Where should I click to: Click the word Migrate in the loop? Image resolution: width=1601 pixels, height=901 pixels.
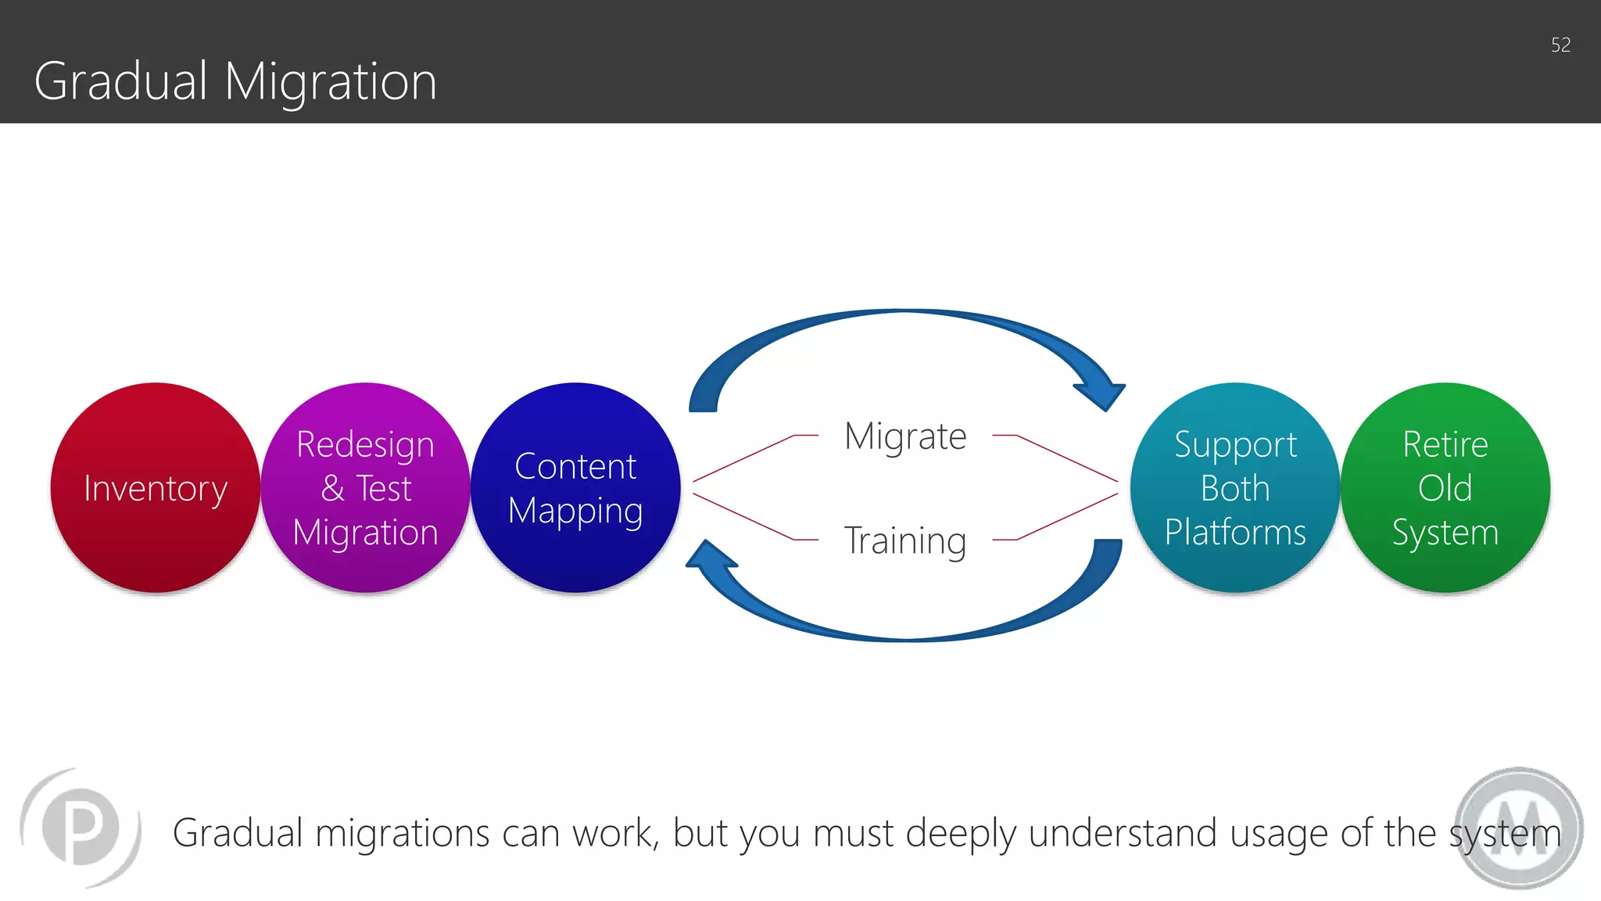905,436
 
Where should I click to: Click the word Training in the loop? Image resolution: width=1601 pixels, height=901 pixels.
905,540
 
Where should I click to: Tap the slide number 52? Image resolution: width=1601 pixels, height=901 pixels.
1560,45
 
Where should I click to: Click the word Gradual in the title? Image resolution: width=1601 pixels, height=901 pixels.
121,81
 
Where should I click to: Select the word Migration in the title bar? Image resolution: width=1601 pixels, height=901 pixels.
330,83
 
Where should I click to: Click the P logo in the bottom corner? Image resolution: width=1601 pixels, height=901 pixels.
81,827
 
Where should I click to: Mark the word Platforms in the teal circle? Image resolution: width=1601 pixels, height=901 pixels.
1235,533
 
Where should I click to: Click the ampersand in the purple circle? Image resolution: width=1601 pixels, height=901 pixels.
332,489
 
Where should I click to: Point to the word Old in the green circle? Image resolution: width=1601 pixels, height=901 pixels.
1445,488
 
